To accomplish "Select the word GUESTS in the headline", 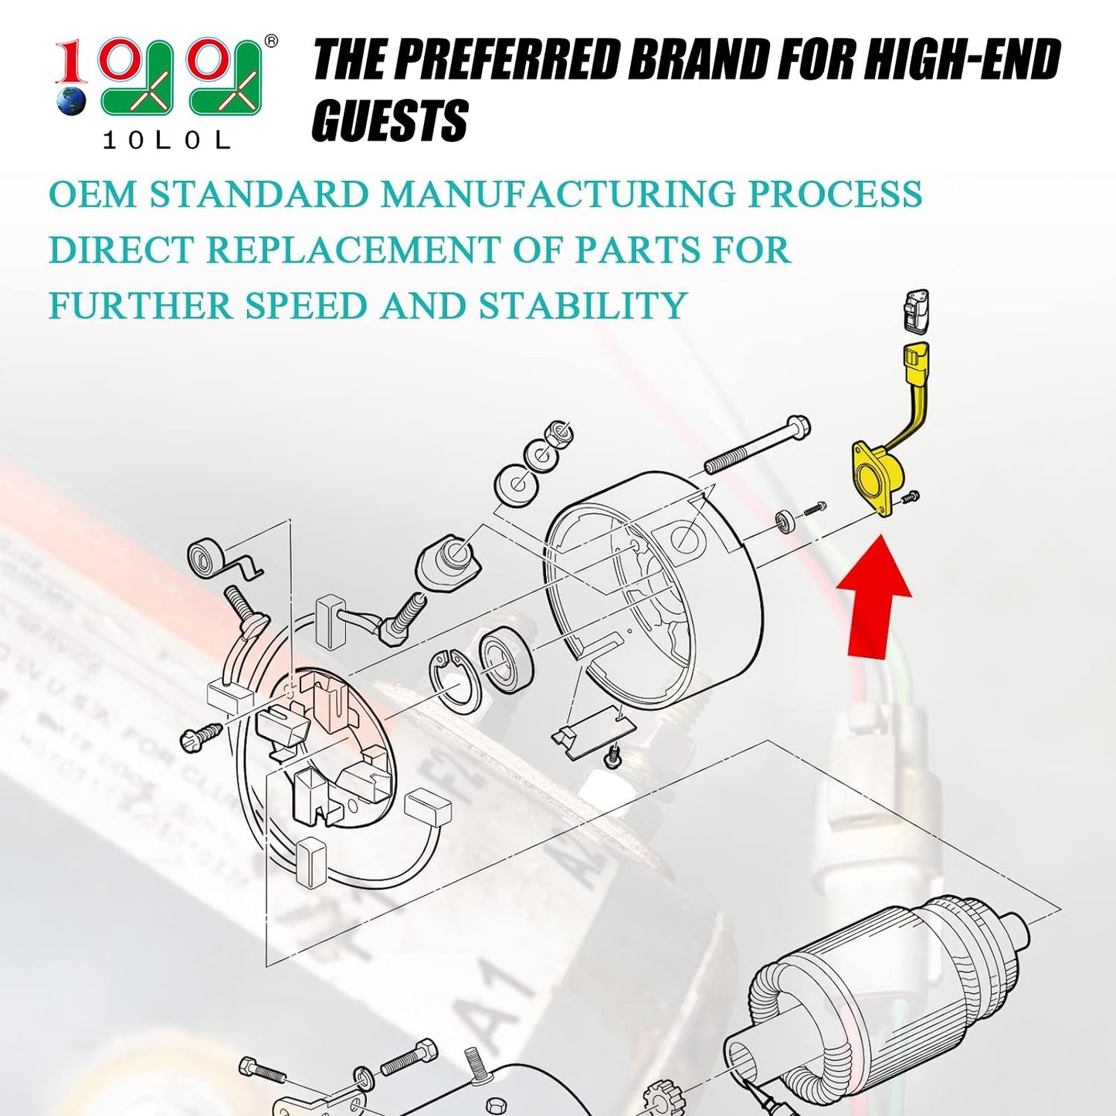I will tap(390, 121).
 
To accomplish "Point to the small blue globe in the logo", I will tap(72, 101).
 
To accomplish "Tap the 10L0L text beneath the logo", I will tap(166, 140).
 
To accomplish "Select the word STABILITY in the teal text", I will tap(582, 306).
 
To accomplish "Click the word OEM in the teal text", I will tap(92, 194).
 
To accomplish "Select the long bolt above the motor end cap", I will tap(757, 446).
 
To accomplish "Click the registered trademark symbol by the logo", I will tap(270, 42).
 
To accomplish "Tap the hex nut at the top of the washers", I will tap(559, 434).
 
